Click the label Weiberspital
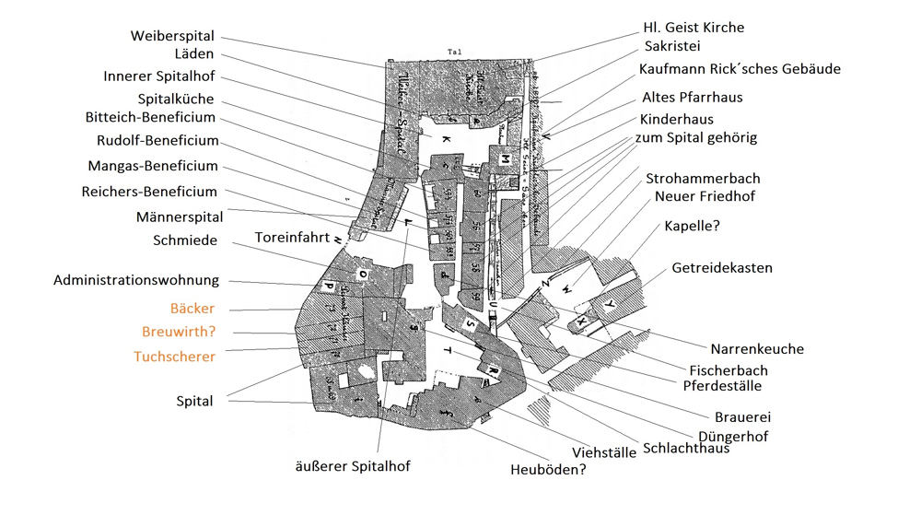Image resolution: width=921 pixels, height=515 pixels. [x=172, y=36]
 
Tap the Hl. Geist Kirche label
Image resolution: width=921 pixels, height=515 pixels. [x=694, y=28]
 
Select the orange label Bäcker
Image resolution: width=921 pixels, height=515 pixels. [x=192, y=309]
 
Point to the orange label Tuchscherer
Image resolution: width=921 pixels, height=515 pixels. [x=175, y=357]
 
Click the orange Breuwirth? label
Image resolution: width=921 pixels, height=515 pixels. [x=179, y=332]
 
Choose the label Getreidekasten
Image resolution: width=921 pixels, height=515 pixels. [x=722, y=268]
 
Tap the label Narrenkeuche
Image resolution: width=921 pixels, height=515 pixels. [x=757, y=349]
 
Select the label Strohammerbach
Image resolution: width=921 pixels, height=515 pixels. [x=703, y=178]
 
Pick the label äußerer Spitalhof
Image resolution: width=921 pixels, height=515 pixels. [x=352, y=466]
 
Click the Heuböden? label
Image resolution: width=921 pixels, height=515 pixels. [x=548, y=470]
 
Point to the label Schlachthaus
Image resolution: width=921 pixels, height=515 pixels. [x=687, y=449]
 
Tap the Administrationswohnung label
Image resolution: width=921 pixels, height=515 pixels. [x=136, y=280]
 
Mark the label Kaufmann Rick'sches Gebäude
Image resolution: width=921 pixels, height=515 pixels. [x=740, y=69]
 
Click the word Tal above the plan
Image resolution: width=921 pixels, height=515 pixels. [x=452, y=52]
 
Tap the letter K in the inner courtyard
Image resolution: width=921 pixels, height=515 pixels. [x=446, y=139]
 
